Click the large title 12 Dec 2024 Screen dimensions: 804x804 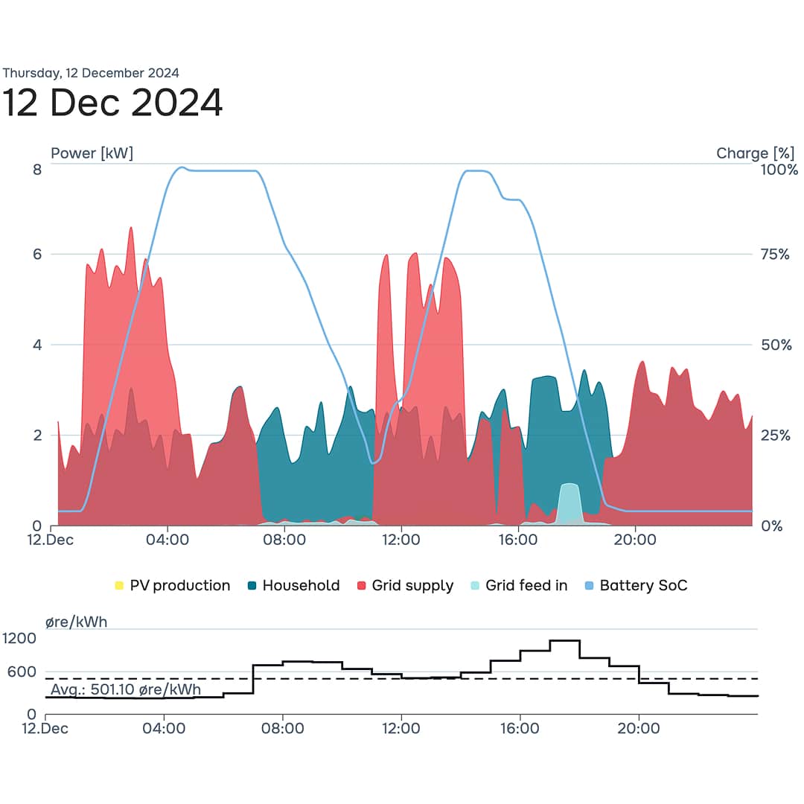click(x=112, y=102)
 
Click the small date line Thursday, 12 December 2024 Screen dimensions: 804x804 click(x=90, y=73)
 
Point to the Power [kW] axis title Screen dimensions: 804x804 click(x=92, y=153)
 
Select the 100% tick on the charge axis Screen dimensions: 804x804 click(x=778, y=170)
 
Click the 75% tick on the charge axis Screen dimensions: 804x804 click(x=774, y=255)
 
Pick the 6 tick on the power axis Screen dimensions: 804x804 click(x=36, y=255)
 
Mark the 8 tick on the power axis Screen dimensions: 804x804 click(x=36, y=170)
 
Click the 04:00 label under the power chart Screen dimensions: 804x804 click(x=167, y=540)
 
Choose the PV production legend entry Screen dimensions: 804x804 click(x=172, y=586)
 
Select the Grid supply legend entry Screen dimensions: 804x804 click(x=405, y=586)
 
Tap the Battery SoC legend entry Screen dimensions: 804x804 click(x=636, y=586)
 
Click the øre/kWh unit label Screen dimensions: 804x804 click(x=76, y=622)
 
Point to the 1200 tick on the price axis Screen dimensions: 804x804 click(x=19, y=638)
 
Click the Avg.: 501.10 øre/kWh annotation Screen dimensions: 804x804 click(x=126, y=690)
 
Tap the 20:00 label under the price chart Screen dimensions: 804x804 click(x=639, y=728)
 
